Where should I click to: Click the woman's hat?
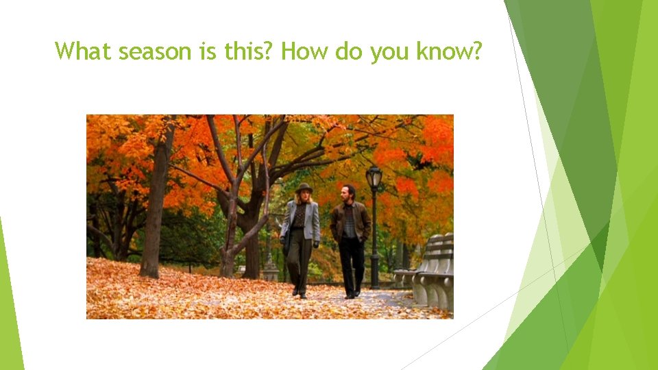pyautogui.click(x=304, y=188)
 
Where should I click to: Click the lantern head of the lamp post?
pyautogui.click(x=374, y=177)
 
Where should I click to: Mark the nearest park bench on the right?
pyautogui.click(x=436, y=274)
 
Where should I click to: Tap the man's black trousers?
pyautogui.click(x=352, y=264)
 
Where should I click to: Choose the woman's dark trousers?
pyautogui.click(x=300, y=260)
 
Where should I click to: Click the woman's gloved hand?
pyautogui.click(x=316, y=243)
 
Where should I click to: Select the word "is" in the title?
pyautogui.click(x=208, y=51)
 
